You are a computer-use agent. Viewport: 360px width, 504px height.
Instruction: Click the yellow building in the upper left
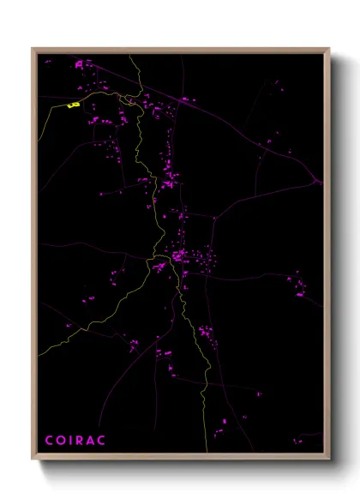[x=74, y=105]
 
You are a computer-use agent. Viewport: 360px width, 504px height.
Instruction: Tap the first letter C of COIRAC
[x=49, y=441]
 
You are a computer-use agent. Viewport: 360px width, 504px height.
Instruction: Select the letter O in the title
[x=60, y=441]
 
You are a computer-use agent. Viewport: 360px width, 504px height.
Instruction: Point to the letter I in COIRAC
[x=70, y=441]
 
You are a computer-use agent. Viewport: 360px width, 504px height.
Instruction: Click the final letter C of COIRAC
[x=102, y=441]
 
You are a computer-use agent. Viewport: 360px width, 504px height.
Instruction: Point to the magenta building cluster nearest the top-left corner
[x=81, y=63]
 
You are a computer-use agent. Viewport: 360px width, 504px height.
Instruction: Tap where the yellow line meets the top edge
[x=130, y=56]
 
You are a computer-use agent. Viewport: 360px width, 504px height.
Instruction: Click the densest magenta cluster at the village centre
[x=177, y=255]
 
